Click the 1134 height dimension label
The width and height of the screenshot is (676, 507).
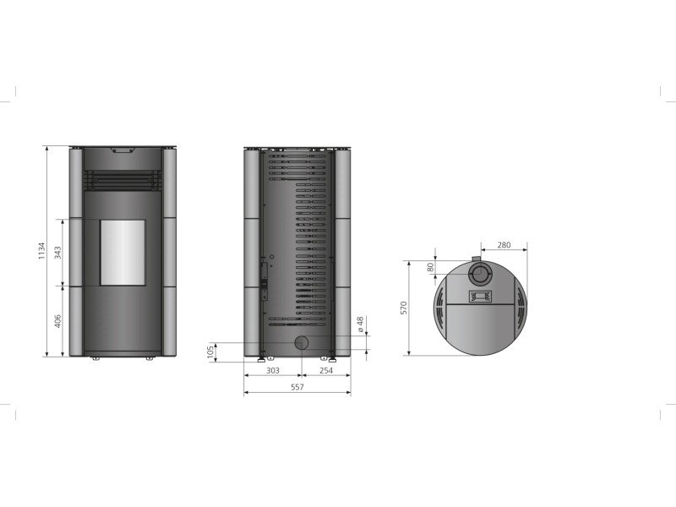pos(41,250)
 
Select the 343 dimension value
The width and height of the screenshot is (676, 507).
pos(57,253)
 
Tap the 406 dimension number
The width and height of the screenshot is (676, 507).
pos(57,321)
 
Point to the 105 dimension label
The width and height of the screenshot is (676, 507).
pos(210,352)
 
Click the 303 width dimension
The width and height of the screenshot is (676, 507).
pos(273,370)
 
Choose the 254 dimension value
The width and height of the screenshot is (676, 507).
pos(326,370)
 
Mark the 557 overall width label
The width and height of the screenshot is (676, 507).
pos(297,387)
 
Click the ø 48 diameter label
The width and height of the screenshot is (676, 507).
pos(361,324)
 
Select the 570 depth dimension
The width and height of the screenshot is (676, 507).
pos(404,308)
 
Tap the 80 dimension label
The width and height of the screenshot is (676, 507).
pos(431,267)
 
